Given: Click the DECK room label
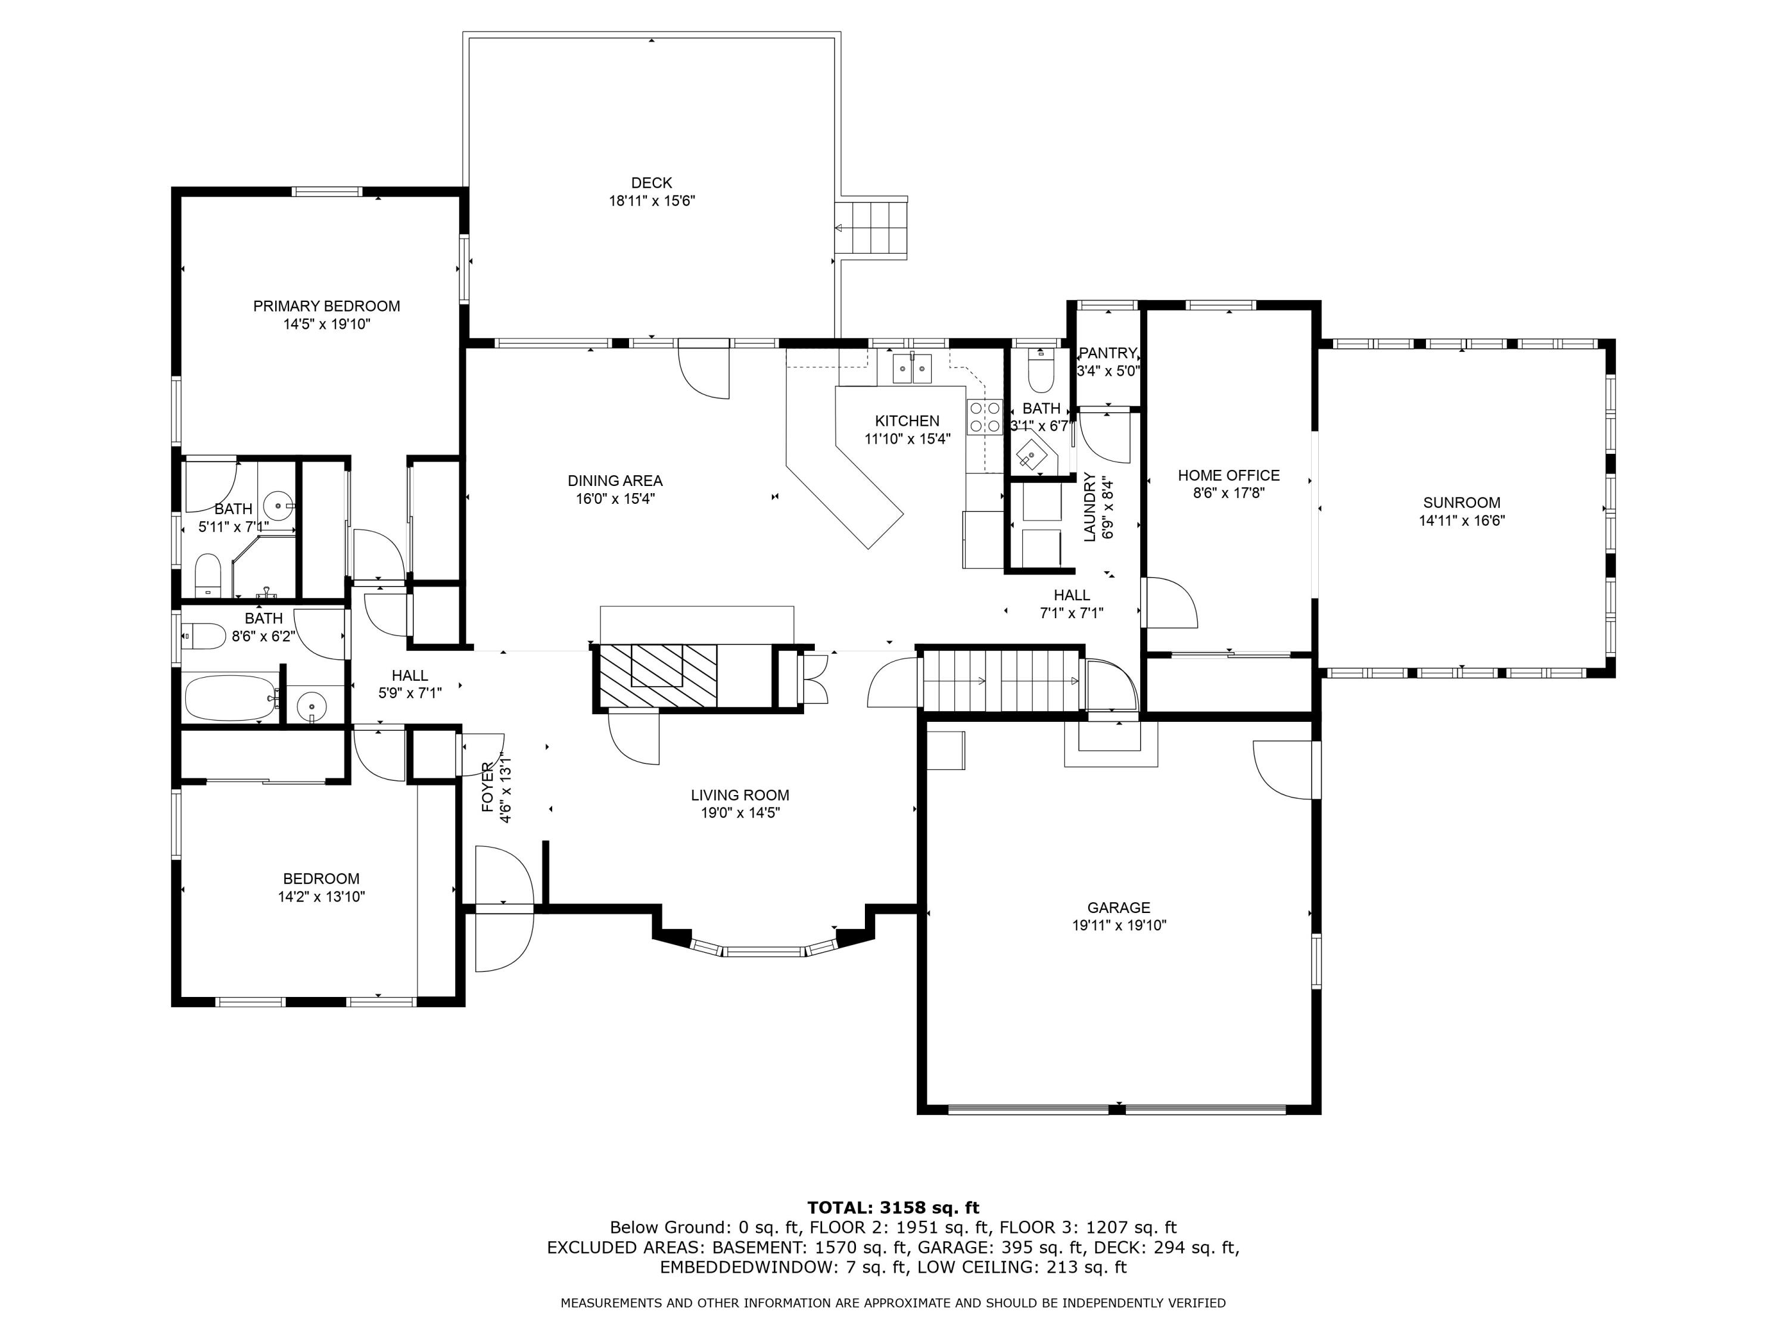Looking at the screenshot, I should pyautogui.click(x=651, y=183).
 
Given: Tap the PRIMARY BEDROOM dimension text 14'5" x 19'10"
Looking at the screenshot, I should pyautogui.click(x=326, y=325).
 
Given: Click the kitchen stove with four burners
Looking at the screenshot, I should pyautogui.click(x=985, y=417).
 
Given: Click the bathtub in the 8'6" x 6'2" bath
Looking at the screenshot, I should pyautogui.click(x=231, y=699).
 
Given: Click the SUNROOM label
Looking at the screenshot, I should pyautogui.click(x=1461, y=503).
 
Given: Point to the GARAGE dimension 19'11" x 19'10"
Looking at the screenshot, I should pyautogui.click(x=1119, y=925).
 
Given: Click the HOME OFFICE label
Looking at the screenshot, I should pyautogui.click(x=1228, y=476).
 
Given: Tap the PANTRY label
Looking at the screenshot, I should pyautogui.click(x=1107, y=353).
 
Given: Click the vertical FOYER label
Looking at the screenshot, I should pyautogui.click(x=488, y=786).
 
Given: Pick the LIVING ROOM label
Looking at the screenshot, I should pyautogui.click(x=739, y=796).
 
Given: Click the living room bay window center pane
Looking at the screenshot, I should pyautogui.click(x=764, y=952).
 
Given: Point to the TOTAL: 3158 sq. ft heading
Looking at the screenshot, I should pyautogui.click(x=893, y=1208).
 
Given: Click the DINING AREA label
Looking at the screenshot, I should pyautogui.click(x=615, y=481).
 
